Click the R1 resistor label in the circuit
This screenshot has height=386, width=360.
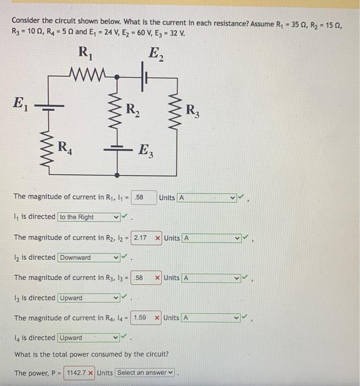point(85,53)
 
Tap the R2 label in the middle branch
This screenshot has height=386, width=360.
point(133,110)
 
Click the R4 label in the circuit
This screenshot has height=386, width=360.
point(66,148)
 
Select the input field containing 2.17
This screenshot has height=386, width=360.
point(140,238)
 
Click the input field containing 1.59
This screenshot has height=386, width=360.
point(140,318)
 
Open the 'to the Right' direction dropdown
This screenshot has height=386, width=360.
point(88,217)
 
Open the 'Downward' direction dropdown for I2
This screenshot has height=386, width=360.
point(88,258)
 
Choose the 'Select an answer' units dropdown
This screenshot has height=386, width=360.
point(145,373)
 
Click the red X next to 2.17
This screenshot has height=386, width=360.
point(158,238)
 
